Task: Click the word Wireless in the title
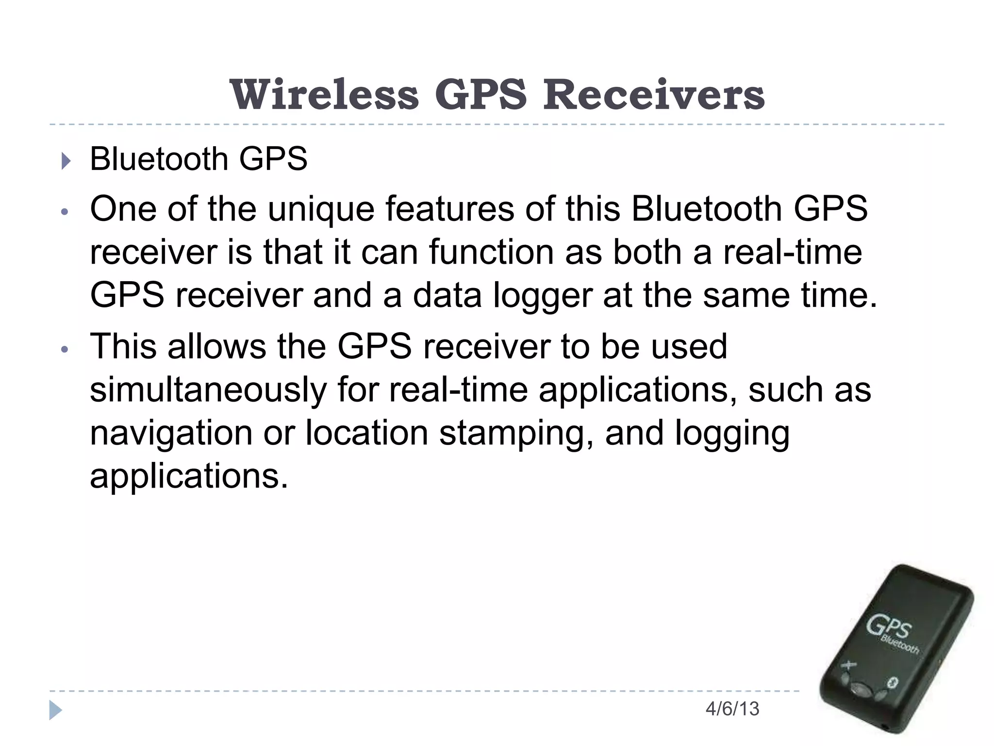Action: [324, 95]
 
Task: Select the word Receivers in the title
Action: [653, 95]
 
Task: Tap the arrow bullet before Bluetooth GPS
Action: [66, 161]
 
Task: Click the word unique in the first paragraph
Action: [321, 210]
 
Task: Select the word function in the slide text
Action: [491, 253]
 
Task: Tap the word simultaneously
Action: [208, 390]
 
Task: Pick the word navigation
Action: [171, 433]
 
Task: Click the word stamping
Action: [516, 433]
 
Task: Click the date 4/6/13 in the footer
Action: [732, 709]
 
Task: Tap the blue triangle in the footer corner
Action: [56, 710]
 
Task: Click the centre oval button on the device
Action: [861, 689]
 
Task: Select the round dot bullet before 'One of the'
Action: [65, 212]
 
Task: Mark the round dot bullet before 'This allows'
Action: [65, 349]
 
